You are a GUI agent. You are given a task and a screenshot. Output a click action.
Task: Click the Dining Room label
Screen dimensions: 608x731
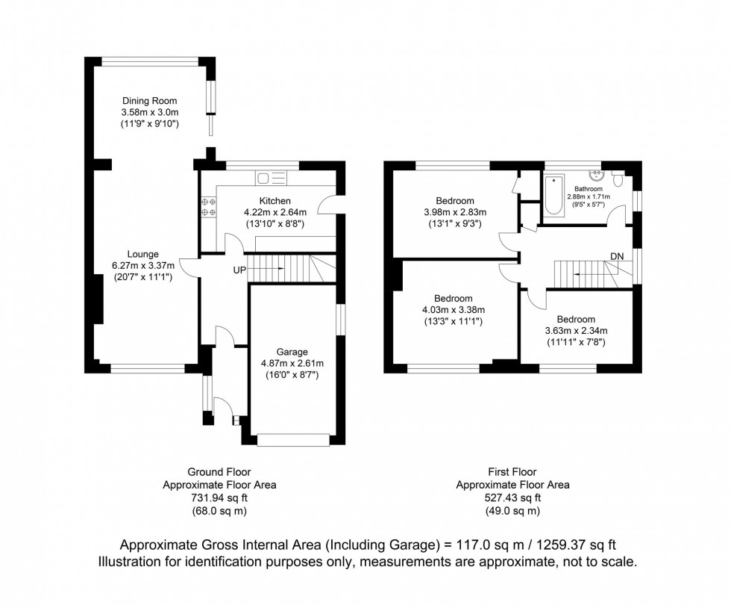click(x=151, y=101)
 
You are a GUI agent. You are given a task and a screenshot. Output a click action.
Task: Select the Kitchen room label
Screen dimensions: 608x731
click(x=274, y=201)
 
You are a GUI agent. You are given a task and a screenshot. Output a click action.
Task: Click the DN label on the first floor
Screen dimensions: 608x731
click(x=616, y=256)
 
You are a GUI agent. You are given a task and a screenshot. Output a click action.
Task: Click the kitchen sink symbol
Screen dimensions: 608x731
click(x=271, y=178)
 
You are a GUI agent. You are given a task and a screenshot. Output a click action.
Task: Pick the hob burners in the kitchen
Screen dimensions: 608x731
click(x=208, y=207)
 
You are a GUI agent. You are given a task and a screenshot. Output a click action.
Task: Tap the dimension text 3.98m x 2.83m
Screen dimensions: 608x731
click(x=455, y=211)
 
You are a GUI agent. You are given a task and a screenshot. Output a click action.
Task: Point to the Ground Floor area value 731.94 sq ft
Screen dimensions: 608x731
click(x=219, y=498)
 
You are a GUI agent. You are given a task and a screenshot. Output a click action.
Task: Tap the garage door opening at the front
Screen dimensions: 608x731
click(x=294, y=441)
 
